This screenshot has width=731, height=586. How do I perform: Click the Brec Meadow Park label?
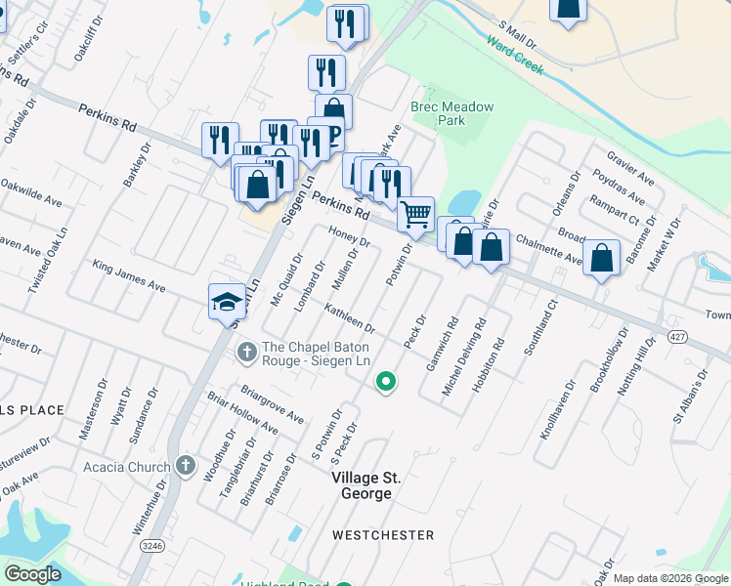(x=451, y=113)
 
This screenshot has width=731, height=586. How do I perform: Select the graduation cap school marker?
(x=227, y=300)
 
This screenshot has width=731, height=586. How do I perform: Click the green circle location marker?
(x=386, y=381)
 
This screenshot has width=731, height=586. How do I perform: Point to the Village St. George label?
(x=362, y=485)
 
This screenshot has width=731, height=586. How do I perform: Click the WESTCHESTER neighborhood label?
(x=382, y=535)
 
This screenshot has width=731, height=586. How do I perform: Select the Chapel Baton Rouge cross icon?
(x=247, y=350)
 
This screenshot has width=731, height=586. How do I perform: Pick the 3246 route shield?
(x=150, y=544)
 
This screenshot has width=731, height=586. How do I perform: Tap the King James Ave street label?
(x=129, y=275)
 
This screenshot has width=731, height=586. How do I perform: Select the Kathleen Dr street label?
(x=350, y=317)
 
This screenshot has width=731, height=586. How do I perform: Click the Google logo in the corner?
(x=33, y=574)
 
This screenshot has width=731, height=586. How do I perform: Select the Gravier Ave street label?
(x=629, y=168)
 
